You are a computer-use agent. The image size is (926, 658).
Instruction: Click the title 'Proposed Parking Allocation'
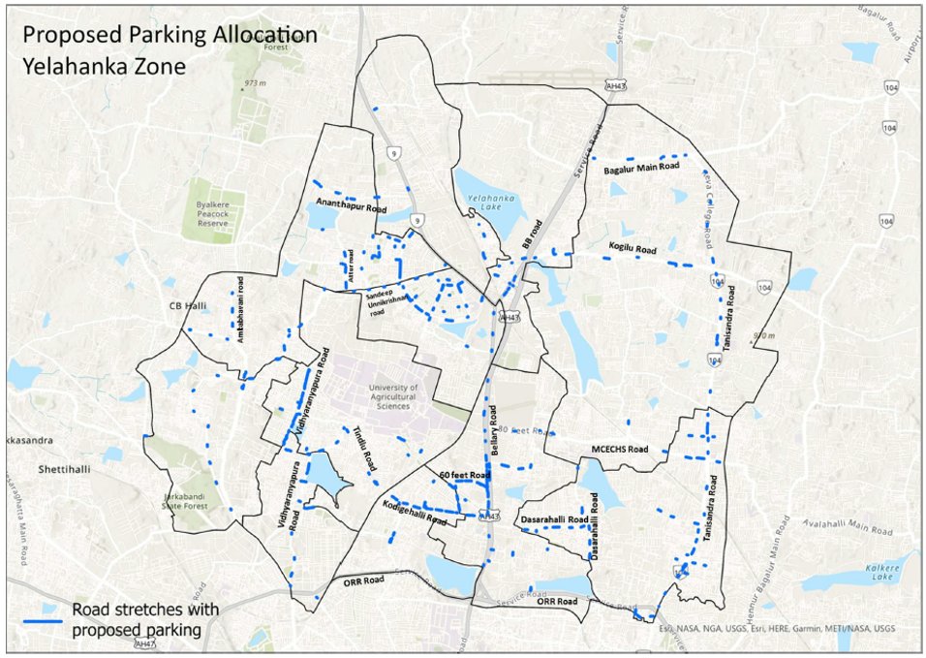tap(170, 35)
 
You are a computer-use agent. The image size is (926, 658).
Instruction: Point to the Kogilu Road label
tap(633, 247)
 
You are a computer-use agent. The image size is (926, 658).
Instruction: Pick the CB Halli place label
tap(189, 306)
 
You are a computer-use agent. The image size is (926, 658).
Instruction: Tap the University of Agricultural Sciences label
tap(392, 396)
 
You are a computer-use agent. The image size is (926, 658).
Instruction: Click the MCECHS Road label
tap(620, 450)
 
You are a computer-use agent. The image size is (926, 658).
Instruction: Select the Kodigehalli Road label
tap(415, 514)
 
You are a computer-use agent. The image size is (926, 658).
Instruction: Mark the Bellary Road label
tap(494, 431)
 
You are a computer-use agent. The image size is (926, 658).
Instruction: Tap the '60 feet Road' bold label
tap(464, 476)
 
